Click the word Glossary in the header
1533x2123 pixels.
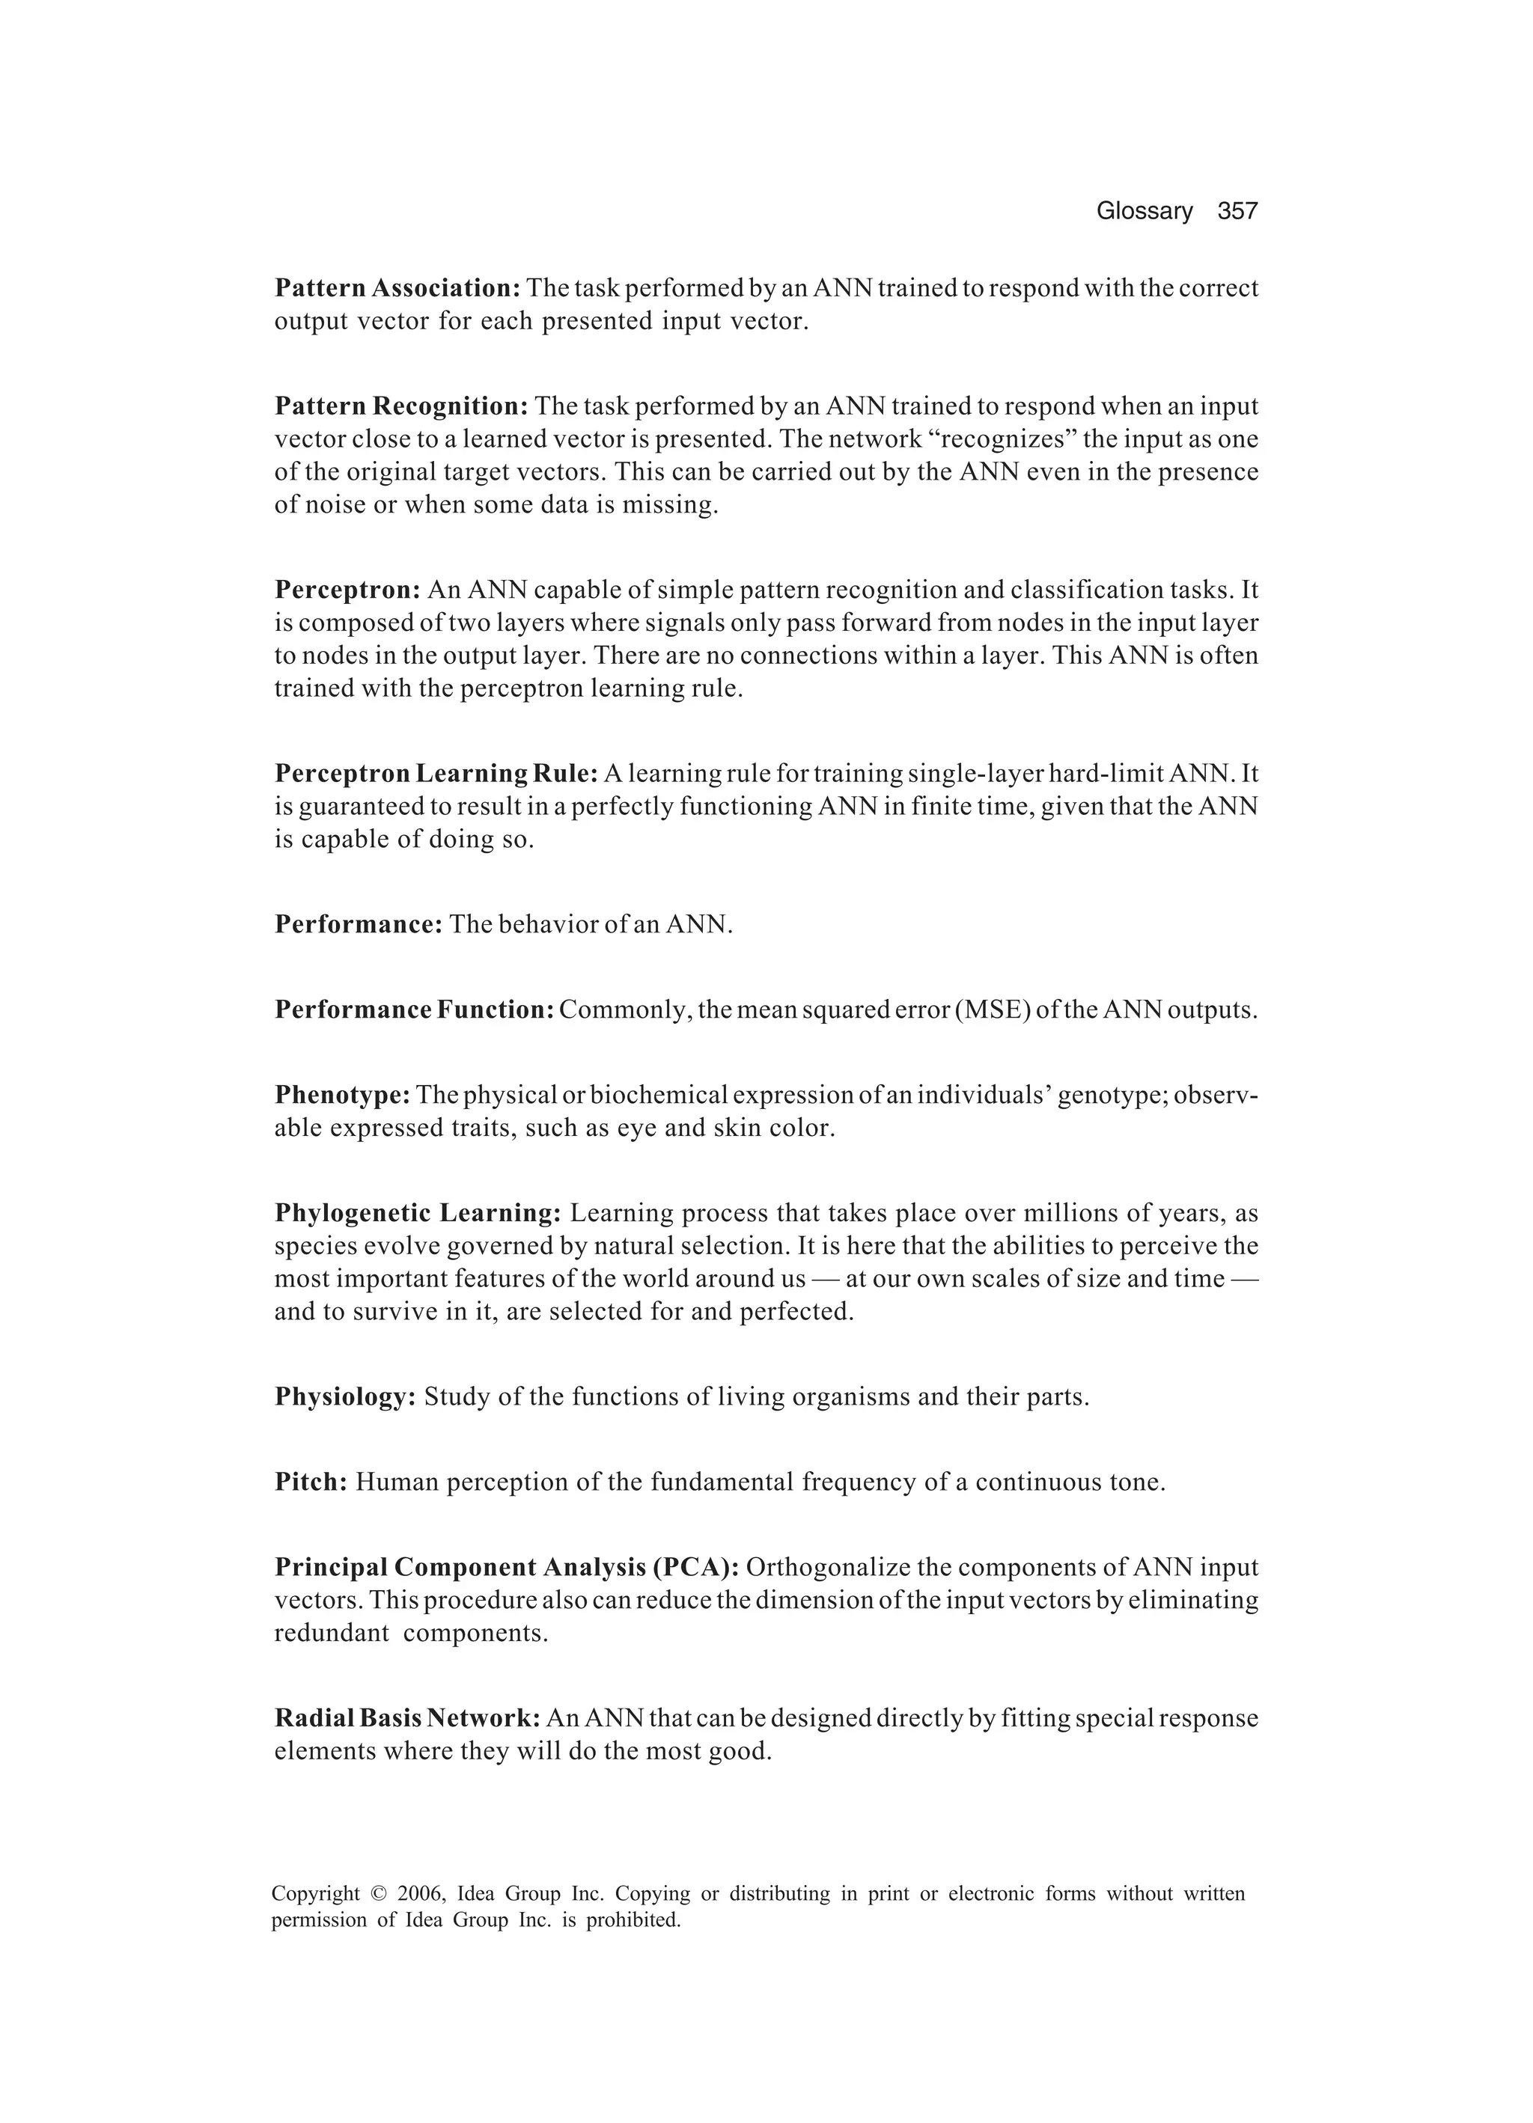[x=1144, y=212]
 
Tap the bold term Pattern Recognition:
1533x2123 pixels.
[x=402, y=406]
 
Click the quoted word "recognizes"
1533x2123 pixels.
[x=1007, y=439]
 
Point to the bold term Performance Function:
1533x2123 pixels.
[x=415, y=1010]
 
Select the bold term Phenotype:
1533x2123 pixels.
[x=342, y=1096]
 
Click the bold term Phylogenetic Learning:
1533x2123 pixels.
[x=418, y=1213]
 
